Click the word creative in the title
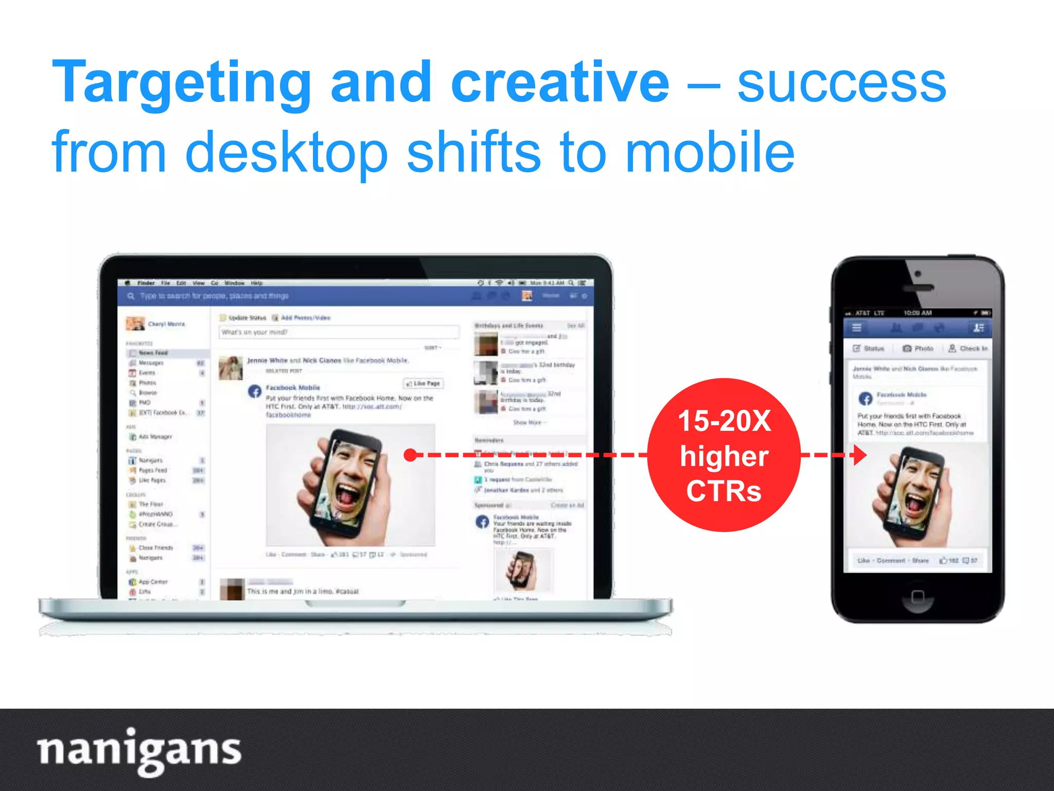point(560,82)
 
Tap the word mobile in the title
point(710,152)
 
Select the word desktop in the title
point(286,152)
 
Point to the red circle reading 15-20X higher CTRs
point(724,455)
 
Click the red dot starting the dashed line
point(410,455)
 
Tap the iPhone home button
point(917,597)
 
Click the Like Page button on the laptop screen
point(424,384)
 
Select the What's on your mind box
point(339,332)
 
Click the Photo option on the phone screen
point(918,349)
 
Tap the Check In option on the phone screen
point(968,349)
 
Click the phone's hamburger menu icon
point(857,328)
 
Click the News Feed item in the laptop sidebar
point(153,353)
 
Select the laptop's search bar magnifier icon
point(131,296)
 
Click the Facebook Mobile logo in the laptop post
point(255,391)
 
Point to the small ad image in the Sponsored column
point(522,571)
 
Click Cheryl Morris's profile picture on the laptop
point(135,323)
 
